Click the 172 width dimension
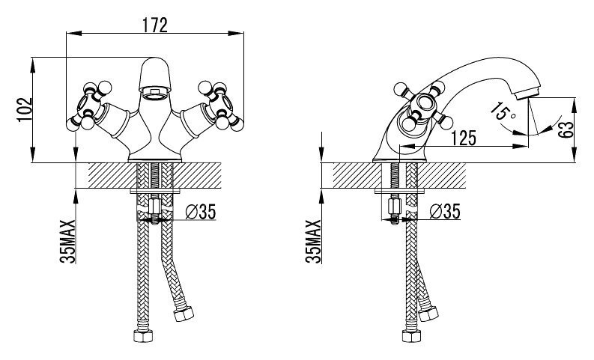click(154, 25)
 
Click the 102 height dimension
click(25, 110)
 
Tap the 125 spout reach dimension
click(464, 138)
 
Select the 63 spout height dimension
click(566, 129)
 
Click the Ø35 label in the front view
click(201, 212)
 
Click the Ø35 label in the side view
click(446, 211)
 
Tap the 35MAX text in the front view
click(68, 241)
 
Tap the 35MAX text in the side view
click(313, 241)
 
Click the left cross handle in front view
click(89, 106)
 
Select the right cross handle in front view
click(221, 106)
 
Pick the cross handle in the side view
click(423, 107)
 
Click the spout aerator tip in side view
click(527, 93)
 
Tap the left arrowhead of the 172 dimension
click(74, 34)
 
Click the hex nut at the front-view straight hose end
click(143, 336)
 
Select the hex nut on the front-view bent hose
click(184, 314)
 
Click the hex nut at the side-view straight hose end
click(411, 336)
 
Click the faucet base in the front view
click(155, 156)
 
